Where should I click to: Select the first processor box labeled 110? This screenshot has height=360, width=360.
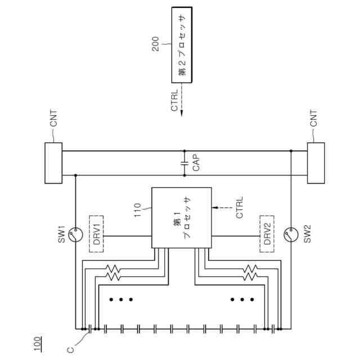click(x=182, y=218)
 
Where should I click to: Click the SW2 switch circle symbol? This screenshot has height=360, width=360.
click(x=291, y=233)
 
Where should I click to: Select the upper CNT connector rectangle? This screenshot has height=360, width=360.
click(x=53, y=163)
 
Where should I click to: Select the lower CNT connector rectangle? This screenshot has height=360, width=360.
click(x=316, y=163)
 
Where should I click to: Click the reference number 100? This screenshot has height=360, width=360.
click(x=38, y=341)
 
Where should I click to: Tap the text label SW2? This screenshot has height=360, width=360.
click(x=307, y=233)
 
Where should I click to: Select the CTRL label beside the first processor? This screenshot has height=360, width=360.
click(x=240, y=208)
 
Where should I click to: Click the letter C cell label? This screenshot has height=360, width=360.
click(x=70, y=349)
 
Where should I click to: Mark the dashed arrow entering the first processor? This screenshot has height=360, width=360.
click(x=222, y=208)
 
